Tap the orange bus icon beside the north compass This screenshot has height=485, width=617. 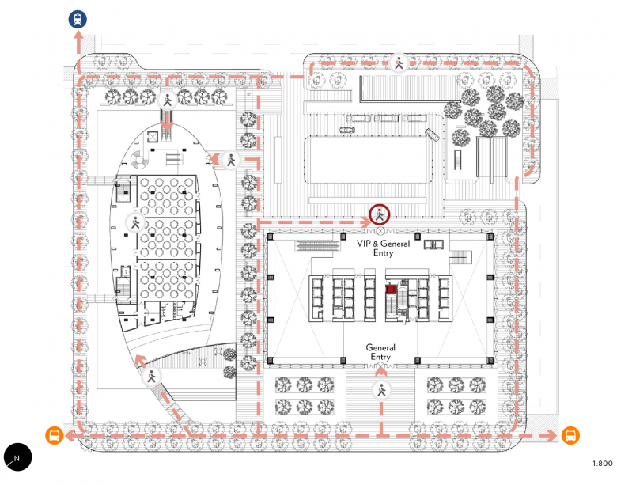point(54,435)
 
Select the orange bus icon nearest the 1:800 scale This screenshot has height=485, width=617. point(570,435)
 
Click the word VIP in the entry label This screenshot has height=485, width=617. point(365,244)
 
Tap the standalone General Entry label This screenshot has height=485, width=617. point(380,352)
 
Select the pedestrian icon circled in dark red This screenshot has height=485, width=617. point(380,214)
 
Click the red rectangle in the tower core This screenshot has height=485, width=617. point(391,290)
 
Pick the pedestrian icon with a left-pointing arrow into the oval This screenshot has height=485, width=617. point(230,159)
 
